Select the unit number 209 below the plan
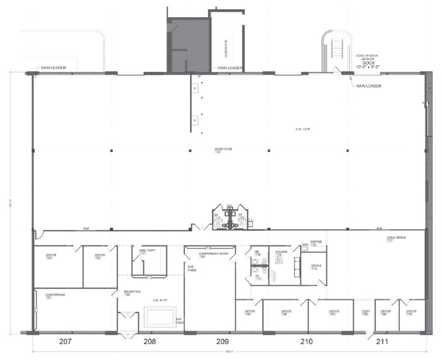coord(222,341)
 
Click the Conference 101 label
coord(55,296)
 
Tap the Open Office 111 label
coord(397,239)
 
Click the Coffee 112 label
coord(316,243)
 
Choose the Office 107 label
coord(333,313)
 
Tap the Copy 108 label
coord(365,313)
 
